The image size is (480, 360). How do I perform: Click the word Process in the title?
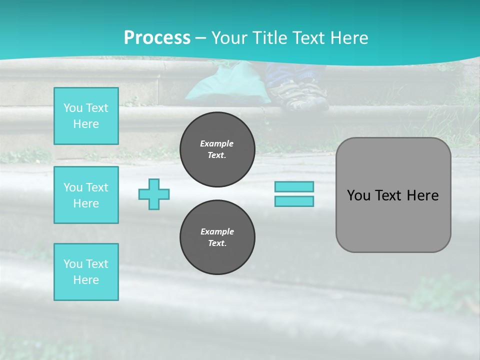[x=157, y=38]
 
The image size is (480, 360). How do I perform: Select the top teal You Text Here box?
[x=86, y=116]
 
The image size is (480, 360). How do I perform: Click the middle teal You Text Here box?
[x=86, y=195]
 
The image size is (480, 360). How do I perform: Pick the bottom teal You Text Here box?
[x=86, y=272]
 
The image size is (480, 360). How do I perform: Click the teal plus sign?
[x=154, y=194]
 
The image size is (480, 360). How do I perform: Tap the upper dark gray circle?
[x=217, y=149]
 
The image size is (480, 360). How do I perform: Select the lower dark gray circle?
[x=217, y=237]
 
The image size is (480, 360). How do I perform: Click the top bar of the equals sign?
[x=294, y=186]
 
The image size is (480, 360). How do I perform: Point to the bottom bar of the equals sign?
[x=294, y=201]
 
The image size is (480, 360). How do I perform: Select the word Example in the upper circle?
[x=217, y=143]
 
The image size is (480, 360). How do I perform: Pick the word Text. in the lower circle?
[x=217, y=243]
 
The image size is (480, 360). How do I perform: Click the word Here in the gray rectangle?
[x=423, y=195]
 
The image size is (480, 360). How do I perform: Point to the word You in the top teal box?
[x=72, y=108]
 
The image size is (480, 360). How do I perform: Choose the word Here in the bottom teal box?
[x=86, y=280]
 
